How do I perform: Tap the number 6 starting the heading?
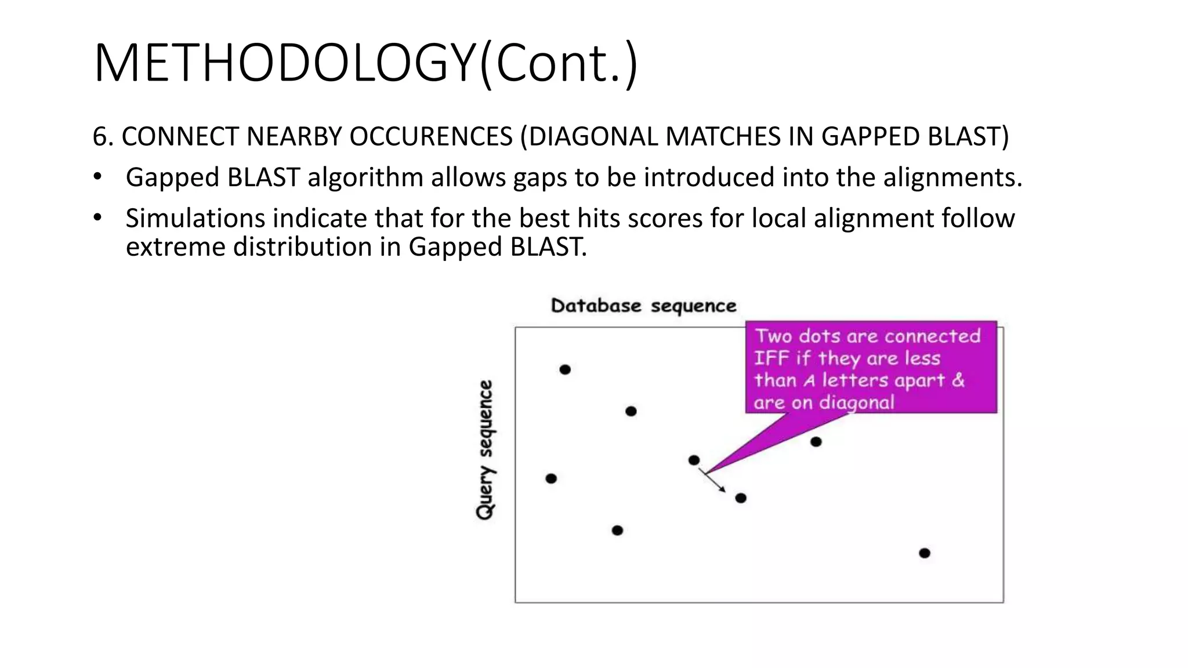click(100, 137)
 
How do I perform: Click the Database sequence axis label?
click(643, 306)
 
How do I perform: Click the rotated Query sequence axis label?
click(485, 449)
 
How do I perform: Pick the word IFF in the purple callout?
click(772, 358)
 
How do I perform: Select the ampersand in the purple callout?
click(958, 380)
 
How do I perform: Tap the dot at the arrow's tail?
click(694, 460)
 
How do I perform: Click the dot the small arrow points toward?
click(741, 498)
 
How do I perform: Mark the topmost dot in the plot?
click(565, 369)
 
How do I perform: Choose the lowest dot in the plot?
click(925, 553)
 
